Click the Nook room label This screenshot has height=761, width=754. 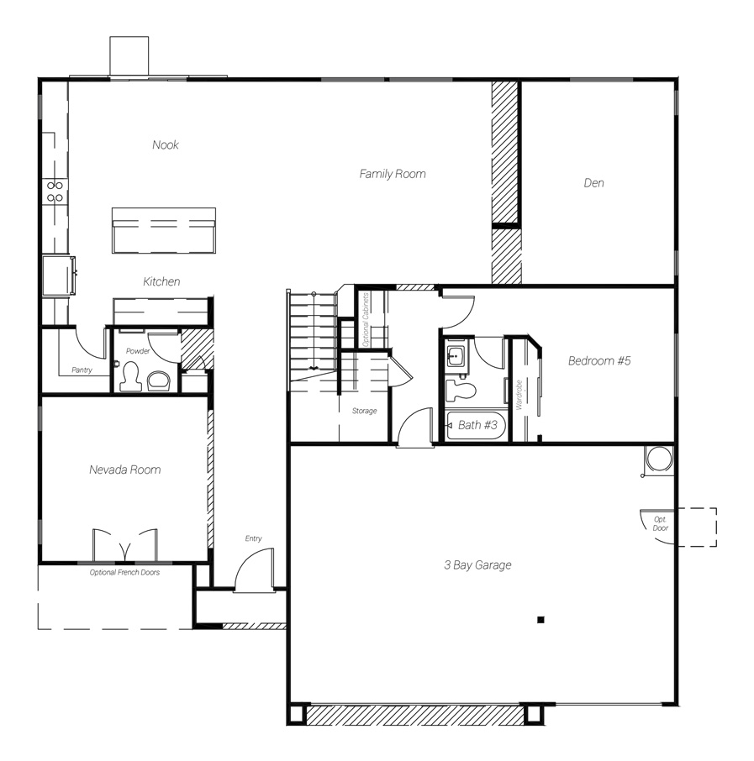coord(166,144)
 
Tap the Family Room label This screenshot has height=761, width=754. coord(393,174)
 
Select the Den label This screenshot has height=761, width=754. coord(593,183)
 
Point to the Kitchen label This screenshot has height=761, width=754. coord(161,281)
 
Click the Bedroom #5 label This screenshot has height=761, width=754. coord(599,360)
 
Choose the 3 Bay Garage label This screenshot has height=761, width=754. coord(477,565)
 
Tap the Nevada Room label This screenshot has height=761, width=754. coord(125,470)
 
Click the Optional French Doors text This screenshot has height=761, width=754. coord(124,572)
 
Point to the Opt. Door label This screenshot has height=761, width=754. coord(660,523)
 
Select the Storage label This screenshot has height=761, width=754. coord(364,411)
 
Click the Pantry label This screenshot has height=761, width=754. coord(82,370)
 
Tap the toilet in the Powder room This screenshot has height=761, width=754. coord(129,376)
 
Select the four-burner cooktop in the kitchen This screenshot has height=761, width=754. coord(55,192)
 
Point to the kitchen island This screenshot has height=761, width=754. coord(164,230)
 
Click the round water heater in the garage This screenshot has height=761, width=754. coord(659,459)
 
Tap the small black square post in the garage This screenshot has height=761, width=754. coord(540,619)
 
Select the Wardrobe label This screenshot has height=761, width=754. coord(519,395)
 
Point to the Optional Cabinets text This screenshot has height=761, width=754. coord(366,319)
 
